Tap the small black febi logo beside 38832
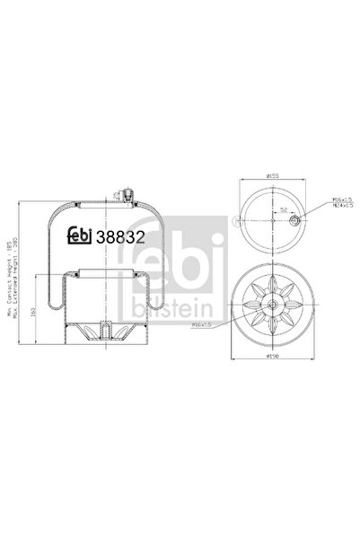pyautogui.click(x=82, y=238)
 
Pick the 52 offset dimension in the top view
pyautogui.click(x=285, y=209)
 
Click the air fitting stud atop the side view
pyautogui.click(x=126, y=193)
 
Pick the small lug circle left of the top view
pyautogui.click(x=235, y=219)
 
